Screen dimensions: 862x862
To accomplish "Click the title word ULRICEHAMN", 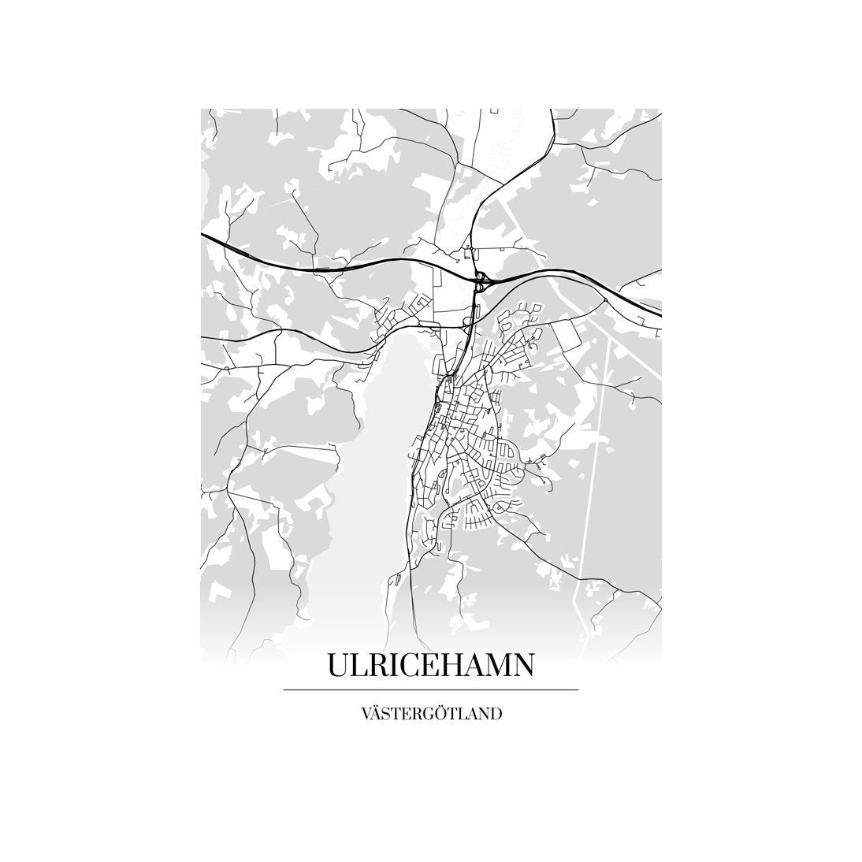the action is pos(430,664).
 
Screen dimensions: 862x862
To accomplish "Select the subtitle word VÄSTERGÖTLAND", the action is pos(430,715).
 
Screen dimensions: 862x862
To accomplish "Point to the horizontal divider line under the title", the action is pos(430,689).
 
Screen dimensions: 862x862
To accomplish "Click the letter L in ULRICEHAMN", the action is pos(360,664).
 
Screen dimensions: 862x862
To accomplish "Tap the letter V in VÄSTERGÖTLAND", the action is pos(366,715).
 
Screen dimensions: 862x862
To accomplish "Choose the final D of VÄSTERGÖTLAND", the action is pos(496,715).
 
